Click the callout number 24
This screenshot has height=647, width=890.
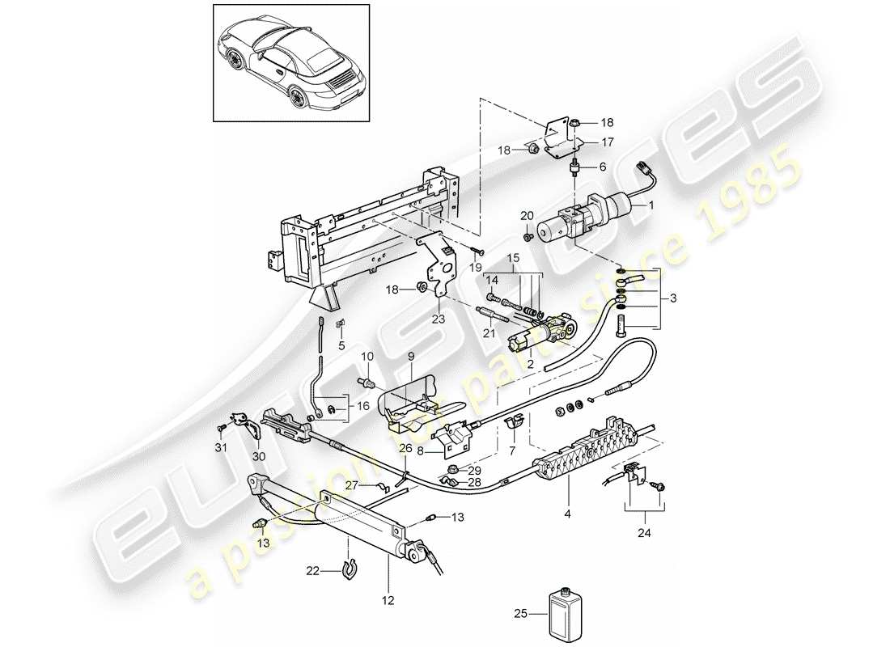click(x=644, y=533)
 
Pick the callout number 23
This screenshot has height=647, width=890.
click(x=439, y=319)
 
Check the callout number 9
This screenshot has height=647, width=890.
click(x=410, y=355)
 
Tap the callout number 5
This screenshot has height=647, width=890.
click(x=341, y=345)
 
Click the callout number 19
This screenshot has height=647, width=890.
click(x=476, y=267)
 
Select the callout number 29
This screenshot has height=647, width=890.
click(x=474, y=470)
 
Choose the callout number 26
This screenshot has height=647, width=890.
click(x=405, y=447)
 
